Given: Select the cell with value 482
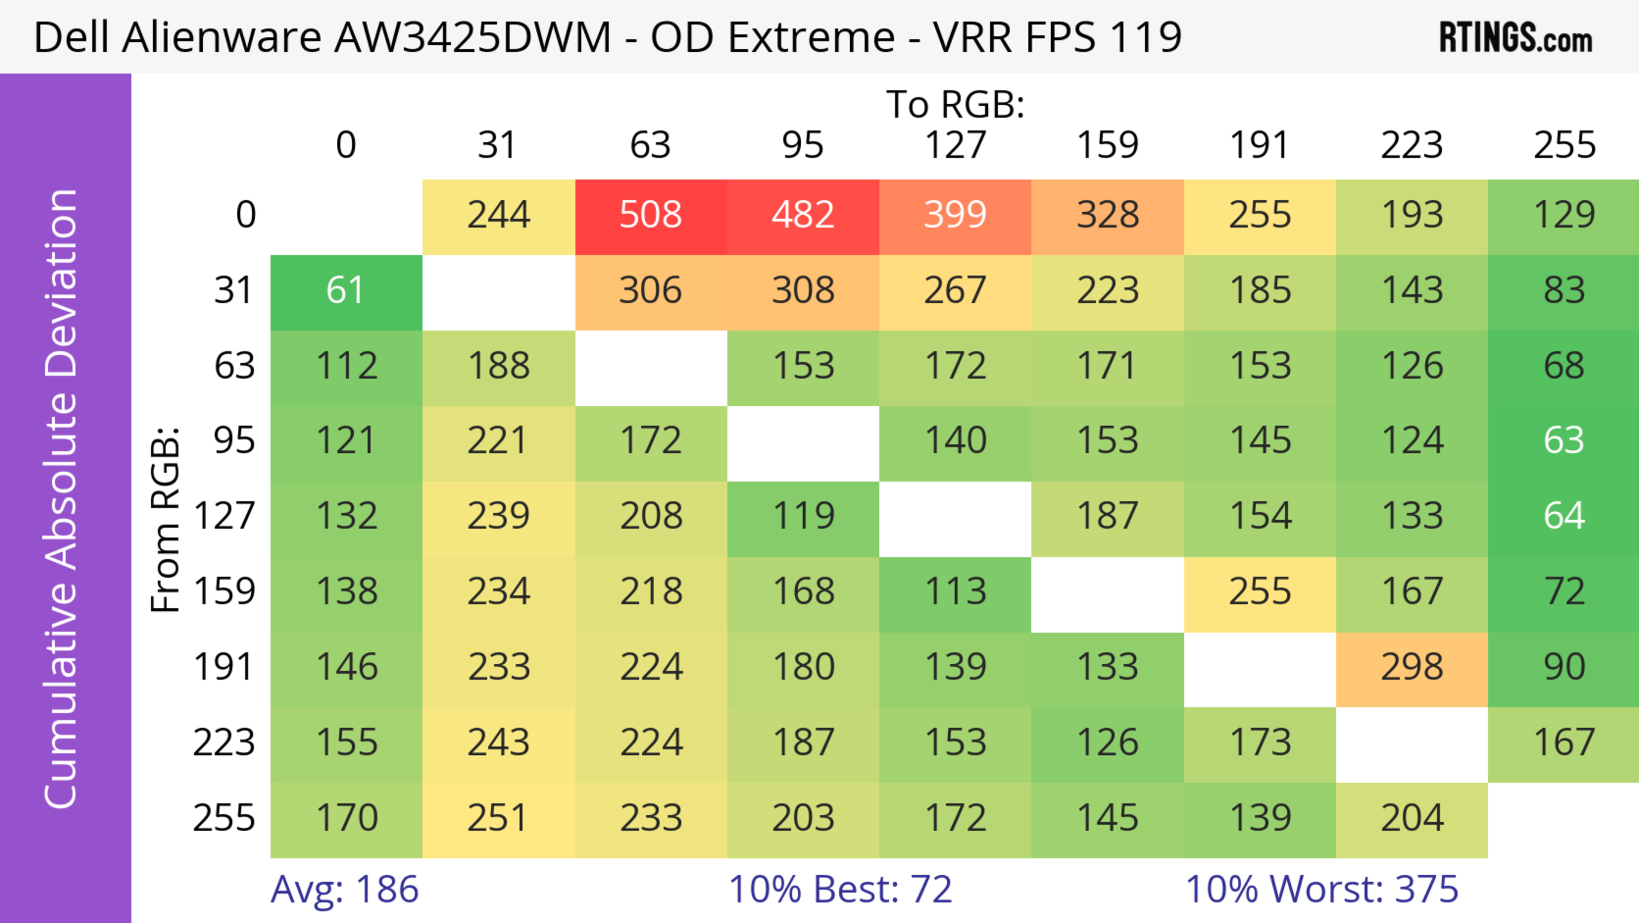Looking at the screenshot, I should (803, 215).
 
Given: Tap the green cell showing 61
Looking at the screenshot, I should (346, 291).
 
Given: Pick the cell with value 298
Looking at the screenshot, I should (1412, 668).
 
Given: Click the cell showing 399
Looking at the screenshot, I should (955, 215).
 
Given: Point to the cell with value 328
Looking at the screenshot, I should (1108, 215).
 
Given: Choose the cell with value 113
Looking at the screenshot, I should (955, 592).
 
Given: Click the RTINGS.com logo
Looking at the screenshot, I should (1516, 38).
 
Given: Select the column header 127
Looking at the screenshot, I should (955, 145).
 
